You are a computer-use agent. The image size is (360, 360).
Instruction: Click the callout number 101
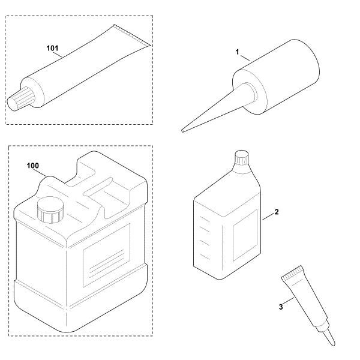click(x=52, y=48)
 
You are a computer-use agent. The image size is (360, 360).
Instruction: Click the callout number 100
click(x=33, y=166)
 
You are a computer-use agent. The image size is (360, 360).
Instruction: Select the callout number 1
click(x=238, y=52)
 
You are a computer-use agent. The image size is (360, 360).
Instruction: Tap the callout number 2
click(x=277, y=212)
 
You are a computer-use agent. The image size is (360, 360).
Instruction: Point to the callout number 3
click(x=281, y=307)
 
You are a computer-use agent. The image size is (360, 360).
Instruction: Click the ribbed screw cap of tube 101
click(x=20, y=99)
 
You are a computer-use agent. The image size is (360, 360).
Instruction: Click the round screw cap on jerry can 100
click(x=50, y=210)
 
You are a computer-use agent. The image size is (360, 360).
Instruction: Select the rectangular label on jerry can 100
click(x=106, y=255)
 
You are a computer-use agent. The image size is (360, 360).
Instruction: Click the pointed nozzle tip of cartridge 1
click(x=182, y=131)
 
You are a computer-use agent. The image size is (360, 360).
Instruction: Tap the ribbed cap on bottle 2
click(x=242, y=157)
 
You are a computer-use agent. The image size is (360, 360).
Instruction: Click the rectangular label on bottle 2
click(x=245, y=235)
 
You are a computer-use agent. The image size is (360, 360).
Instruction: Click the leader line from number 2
click(x=268, y=217)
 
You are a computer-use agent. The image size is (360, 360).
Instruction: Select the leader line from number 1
click(x=245, y=58)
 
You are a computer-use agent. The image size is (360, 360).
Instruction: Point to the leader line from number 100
click(x=40, y=172)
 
